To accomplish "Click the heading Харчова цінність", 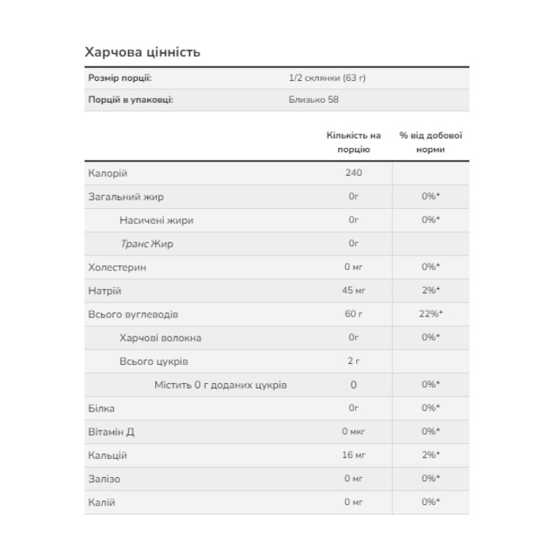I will [142, 52].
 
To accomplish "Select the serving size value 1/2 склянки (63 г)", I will [328, 78].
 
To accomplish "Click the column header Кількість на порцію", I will [354, 142].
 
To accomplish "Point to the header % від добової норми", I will [431, 142].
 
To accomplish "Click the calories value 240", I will [354, 173].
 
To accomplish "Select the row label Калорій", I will [108, 173].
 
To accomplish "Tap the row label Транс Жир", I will [146, 244].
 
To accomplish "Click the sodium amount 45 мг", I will [354, 291].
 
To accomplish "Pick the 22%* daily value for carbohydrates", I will [431, 314].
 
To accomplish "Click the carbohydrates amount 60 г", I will [354, 314].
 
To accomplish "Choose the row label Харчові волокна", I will [160, 338].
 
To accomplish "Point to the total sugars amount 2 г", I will [354, 362].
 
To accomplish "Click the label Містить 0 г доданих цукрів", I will [220, 385].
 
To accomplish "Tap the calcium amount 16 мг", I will [354, 456].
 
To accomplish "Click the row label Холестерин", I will [116, 268].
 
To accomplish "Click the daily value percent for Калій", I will [431, 503].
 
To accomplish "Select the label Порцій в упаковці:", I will [130, 100].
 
